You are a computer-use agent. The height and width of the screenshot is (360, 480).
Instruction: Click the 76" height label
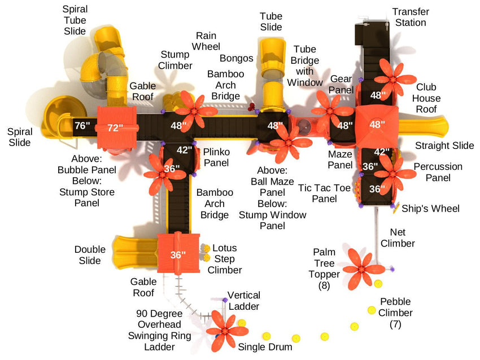coord(82,125)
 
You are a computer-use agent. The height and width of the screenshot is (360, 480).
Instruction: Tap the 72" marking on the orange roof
coord(115,128)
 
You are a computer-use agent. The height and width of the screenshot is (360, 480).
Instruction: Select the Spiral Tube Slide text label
coord(75,20)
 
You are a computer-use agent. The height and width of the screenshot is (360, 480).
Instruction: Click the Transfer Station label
coord(411,17)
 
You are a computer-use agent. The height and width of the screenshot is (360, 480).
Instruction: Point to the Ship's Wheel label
coord(430,209)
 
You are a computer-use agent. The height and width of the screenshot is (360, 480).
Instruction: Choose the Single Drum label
coord(265,346)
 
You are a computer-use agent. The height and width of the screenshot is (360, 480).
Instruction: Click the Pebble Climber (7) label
coord(395,313)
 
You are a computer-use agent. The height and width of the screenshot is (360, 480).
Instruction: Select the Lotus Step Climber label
coord(225,259)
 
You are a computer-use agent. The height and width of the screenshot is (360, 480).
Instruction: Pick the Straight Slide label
coord(444,146)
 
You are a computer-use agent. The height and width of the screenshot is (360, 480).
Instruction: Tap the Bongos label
coord(237,58)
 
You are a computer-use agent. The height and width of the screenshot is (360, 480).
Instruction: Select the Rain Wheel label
coord(205,41)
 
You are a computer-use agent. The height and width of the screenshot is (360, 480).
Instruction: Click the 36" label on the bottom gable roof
coord(178,254)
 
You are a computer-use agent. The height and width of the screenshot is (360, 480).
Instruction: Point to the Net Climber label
coord(401,238)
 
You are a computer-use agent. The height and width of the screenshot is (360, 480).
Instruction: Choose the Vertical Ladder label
coord(243,300)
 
